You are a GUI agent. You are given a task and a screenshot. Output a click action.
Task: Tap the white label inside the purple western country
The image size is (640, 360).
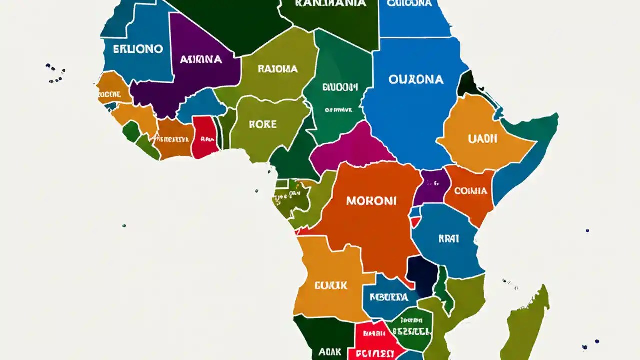[201, 59]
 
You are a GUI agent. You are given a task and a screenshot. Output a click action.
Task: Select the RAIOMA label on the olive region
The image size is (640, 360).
[278, 69]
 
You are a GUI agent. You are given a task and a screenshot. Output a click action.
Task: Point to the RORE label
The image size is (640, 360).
[263, 124]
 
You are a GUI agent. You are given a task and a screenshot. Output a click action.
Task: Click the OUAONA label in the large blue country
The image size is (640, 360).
[415, 79]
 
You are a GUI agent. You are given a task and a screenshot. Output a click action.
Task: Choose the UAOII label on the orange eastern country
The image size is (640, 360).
[483, 139]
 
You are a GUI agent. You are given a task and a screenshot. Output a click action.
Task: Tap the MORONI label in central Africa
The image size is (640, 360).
[371, 201]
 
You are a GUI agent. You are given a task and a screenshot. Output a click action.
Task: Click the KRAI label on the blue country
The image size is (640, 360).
[448, 239]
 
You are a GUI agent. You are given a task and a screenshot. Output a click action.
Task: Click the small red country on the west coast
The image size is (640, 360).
[205, 137]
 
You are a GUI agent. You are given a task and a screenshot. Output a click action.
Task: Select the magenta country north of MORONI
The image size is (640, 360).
[350, 147]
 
